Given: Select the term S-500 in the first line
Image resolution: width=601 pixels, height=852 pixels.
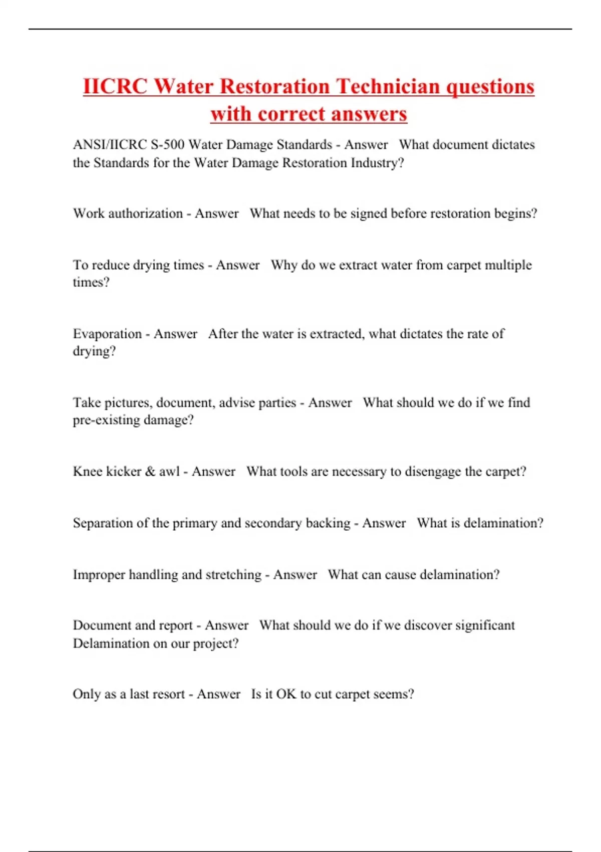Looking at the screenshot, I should point(167,145).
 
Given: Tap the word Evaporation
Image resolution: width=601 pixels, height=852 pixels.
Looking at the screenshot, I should point(107,334).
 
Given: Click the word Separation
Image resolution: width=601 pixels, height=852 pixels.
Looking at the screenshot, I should point(103,523).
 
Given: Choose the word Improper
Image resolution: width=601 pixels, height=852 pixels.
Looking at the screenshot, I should point(99,575).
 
